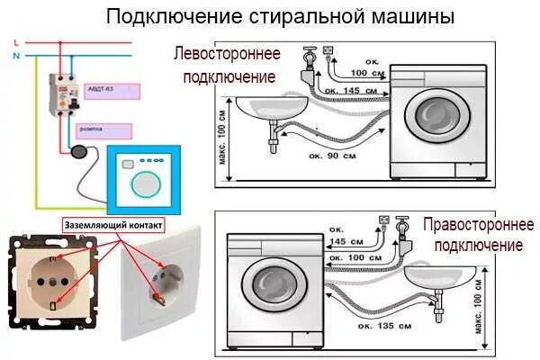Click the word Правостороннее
pos(478,225)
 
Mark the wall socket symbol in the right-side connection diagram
pos(384,219)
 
